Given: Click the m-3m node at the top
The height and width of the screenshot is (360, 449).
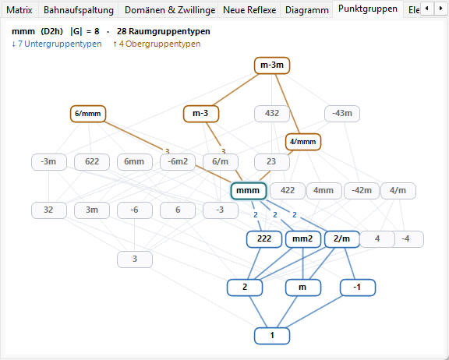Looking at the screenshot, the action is point(272,65).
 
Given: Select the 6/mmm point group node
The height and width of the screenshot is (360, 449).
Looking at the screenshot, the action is point(88,114).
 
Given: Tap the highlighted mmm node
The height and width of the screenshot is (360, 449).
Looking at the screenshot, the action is point(249,191).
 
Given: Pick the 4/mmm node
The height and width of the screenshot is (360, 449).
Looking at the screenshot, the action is point(303,142).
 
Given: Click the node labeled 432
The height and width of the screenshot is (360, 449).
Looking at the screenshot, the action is point(272,114).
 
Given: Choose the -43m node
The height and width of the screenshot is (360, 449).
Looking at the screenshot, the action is point(342,114).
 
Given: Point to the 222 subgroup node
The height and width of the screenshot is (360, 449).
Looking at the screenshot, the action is point(264,239).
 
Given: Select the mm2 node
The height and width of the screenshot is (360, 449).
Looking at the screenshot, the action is point(303,239).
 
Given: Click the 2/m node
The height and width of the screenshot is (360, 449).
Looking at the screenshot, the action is point(342,239).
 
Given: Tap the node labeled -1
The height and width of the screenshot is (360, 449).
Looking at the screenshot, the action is point(358,288).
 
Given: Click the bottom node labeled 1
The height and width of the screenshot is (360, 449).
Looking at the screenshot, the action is point(272,336).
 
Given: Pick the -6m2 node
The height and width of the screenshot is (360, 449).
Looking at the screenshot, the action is point(178,162).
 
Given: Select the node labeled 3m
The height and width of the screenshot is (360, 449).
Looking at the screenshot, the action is point(92,210).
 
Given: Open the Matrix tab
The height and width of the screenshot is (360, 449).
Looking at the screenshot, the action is point(19,10).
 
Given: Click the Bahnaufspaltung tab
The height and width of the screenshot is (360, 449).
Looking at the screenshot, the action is point(79,10).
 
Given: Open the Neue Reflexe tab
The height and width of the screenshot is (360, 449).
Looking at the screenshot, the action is point(249,10).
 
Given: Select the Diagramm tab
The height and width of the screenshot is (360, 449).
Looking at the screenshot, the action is point(306,10).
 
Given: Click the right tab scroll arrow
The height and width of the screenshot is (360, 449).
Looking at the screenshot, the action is point(441,9).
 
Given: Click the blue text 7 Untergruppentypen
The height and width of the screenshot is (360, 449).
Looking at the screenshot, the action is point(57,44).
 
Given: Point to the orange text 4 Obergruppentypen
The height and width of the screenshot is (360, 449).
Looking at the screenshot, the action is point(157,44).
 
